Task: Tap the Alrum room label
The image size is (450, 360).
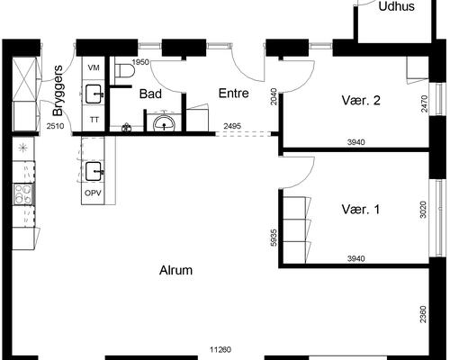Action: tap(175, 269)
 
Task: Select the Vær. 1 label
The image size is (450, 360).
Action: tap(361, 209)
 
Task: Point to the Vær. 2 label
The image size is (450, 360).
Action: tap(361, 100)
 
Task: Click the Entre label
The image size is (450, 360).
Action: tap(235, 92)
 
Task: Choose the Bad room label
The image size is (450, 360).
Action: tap(149, 92)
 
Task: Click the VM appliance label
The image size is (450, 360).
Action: tap(94, 67)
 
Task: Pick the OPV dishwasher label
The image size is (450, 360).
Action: tap(94, 193)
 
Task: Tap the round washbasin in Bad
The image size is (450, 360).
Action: tap(165, 121)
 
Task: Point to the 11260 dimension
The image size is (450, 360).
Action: tap(221, 350)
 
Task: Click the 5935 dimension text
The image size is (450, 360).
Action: tap(273, 238)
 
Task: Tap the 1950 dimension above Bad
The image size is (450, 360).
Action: tap(139, 62)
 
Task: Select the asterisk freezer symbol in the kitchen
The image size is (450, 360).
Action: tap(21, 147)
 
